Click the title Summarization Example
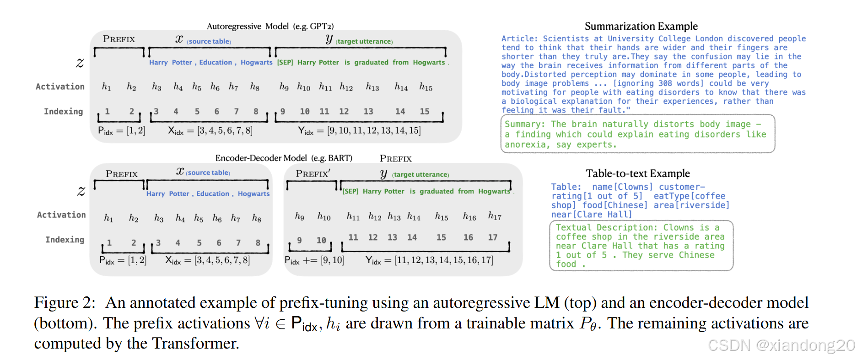[x=641, y=26]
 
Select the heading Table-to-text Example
[x=637, y=173]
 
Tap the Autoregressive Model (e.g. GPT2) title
[x=270, y=26]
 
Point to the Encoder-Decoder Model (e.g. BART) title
[x=284, y=158]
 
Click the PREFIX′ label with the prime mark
[x=313, y=174]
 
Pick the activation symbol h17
[x=495, y=216]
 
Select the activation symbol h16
[x=469, y=216]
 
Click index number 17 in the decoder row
[x=492, y=237]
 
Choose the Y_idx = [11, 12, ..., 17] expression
[x=429, y=260]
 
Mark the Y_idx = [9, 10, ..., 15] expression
[x=359, y=131]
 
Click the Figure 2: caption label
[x=65, y=303]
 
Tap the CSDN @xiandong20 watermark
[x=781, y=345]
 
